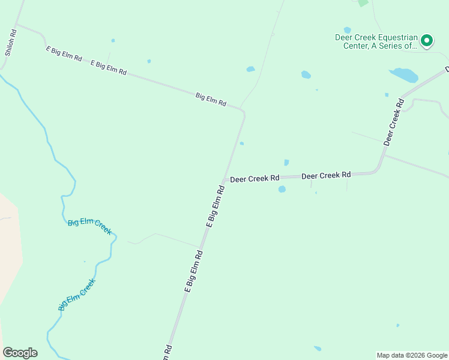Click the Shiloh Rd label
tap(10, 43)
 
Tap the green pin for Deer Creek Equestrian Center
tap(427, 40)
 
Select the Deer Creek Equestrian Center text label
tap(376, 41)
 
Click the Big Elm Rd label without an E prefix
tap(211, 99)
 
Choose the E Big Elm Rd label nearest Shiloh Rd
tap(64, 54)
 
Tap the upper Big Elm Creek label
tap(89, 226)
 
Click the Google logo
tap(20, 353)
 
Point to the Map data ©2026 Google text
tap(412, 355)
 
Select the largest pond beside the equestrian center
tap(404, 75)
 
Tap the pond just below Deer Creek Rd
tap(282, 189)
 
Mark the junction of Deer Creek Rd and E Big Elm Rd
tap(224, 180)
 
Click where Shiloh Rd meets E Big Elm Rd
tap(17, 25)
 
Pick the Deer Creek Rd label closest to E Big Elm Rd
tap(255, 178)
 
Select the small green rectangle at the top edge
tap(363, 3)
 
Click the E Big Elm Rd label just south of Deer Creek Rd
tap(215, 206)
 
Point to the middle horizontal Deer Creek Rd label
tap(326, 175)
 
